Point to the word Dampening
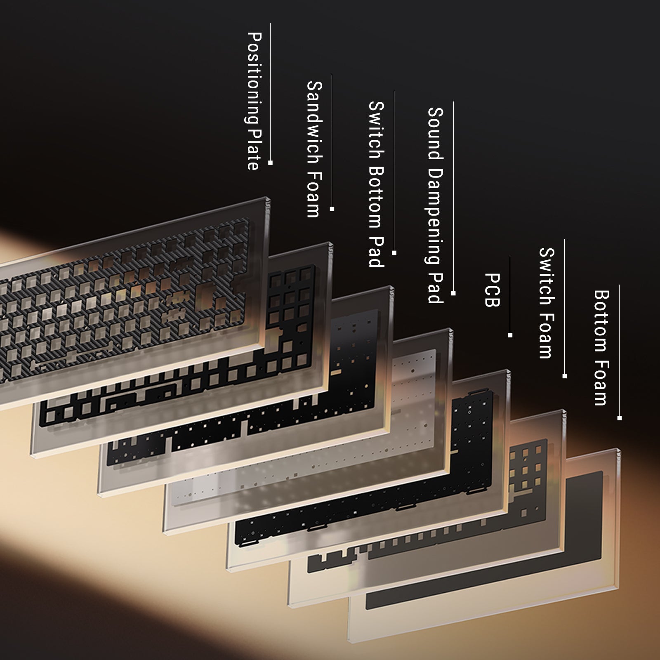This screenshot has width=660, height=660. coord(436,216)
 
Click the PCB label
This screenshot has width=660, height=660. coord(492,290)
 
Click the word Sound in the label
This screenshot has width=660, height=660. coord(436,134)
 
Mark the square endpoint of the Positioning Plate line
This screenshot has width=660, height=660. coord(270,163)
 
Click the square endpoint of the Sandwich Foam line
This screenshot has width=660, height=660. coord(332,209)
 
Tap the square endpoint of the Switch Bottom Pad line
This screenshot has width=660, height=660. coord(394,253)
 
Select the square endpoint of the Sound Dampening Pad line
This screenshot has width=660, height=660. coord(453,293)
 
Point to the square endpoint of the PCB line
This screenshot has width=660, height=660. coord(510,335)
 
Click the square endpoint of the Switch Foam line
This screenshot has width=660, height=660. coord(565,376)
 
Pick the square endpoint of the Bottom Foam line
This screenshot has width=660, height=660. coord(620,418)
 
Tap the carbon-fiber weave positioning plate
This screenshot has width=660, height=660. coord(124,301)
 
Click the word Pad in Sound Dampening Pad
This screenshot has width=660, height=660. coord(436,287)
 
